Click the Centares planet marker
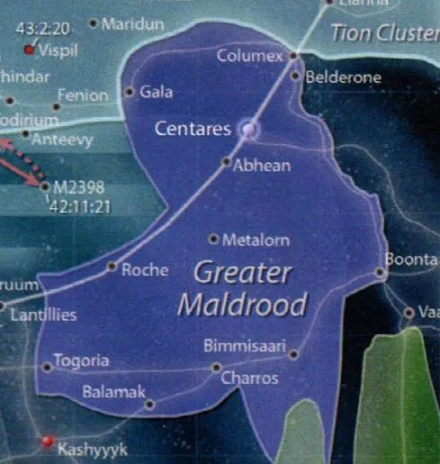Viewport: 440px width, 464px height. point(248,130)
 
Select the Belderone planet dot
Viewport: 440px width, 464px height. point(295,76)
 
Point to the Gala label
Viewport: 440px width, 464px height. point(156,92)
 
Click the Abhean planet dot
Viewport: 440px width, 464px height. point(227,162)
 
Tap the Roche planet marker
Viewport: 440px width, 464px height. point(112,266)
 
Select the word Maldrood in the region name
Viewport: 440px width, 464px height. point(242,304)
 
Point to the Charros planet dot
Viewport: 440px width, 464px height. point(216,367)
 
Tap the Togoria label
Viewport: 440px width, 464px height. point(81,361)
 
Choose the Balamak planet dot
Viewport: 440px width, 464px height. point(149,404)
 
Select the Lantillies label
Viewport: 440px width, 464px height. point(41,315)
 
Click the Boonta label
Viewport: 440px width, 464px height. point(410,259)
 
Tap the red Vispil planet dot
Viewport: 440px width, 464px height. point(29,50)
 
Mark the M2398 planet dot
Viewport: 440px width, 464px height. point(45,187)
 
